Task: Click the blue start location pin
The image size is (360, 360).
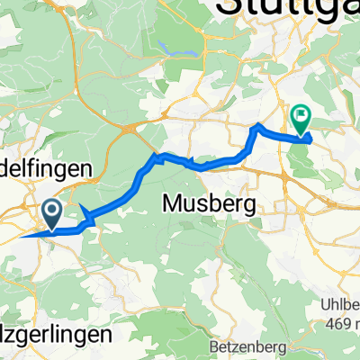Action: pos(51,215)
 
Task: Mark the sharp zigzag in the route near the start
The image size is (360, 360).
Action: pos(87,217)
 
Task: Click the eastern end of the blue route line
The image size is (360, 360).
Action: pos(310,138)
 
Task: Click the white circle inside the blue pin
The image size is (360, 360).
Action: pos(51,211)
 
